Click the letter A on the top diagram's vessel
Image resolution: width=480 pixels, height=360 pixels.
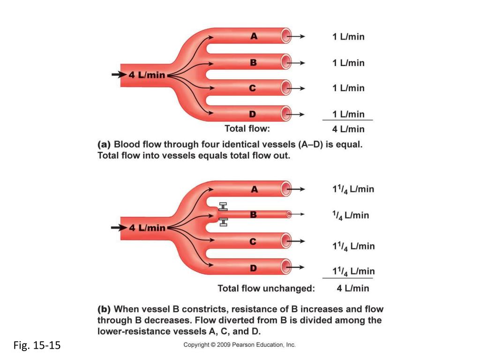[254, 36]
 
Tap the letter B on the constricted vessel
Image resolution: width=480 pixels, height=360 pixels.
[254, 215]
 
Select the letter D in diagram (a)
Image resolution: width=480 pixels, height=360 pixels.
[252, 114]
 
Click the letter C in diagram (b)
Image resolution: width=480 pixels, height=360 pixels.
[253, 242]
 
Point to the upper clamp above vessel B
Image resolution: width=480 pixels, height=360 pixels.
[223, 206]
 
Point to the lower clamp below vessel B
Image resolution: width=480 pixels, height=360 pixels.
[223, 222]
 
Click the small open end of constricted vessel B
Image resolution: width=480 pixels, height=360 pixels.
[289, 214]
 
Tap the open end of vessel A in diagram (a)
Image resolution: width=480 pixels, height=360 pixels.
[286, 36]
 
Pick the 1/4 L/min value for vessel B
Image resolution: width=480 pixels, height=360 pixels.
[350, 215]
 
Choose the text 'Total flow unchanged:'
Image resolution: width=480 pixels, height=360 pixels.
[266, 289]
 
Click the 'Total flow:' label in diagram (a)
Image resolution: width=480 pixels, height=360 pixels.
[247, 128]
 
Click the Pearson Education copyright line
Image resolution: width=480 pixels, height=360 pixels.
[240, 345]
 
